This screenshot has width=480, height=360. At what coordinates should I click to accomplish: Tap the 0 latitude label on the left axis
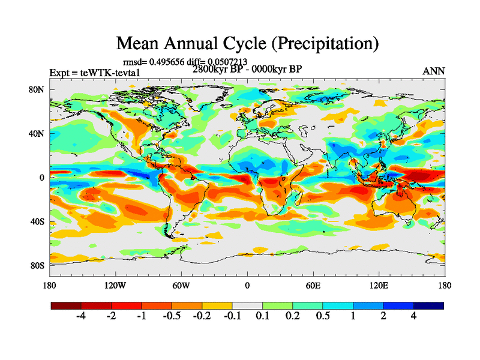[43, 178]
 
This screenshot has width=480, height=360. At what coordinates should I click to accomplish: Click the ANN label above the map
[434, 71]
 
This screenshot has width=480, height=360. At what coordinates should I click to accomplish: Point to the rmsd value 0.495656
[177, 61]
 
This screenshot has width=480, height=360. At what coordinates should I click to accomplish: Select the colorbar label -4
[82, 316]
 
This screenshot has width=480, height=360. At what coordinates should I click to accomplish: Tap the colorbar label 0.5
[323, 316]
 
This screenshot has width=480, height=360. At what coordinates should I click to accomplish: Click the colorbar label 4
[413, 316]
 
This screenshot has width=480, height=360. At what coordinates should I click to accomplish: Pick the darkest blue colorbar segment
[428, 305]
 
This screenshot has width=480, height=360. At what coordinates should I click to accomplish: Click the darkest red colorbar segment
[66, 305]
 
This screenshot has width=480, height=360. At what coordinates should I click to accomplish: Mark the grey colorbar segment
[247, 305]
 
